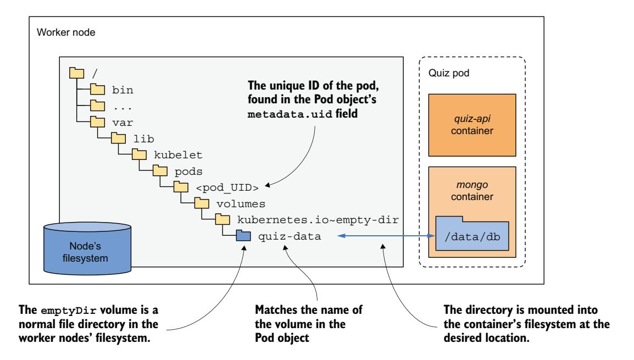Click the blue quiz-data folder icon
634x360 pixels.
coord(242,236)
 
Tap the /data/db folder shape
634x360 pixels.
coord(472,235)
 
